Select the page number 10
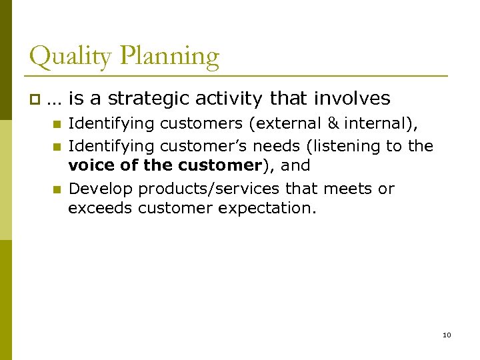[447, 335]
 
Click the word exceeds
[100, 209]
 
